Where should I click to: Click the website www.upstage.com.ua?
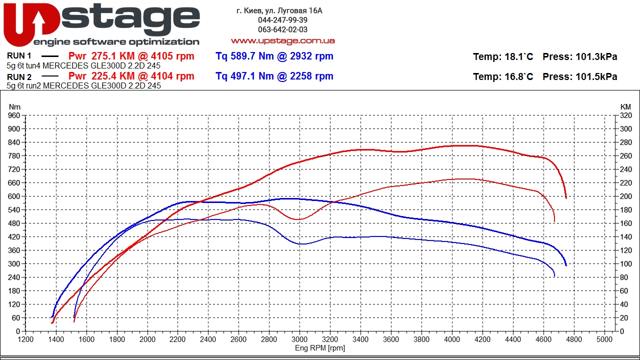pyautogui.click(x=282, y=40)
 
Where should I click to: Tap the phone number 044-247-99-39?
pyautogui.click(x=282, y=20)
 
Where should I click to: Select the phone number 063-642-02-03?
pyautogui.click(x=282, y=29)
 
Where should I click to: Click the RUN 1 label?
pyautogui.click(x=19, y=56)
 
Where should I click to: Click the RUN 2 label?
pyautogui.click(x=19, y=76)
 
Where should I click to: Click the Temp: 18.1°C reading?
pyautogui.click(x=503, y=56)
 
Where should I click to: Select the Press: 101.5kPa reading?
pyautogui.click(x=579, y=76)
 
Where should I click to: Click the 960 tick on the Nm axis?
pyautogui.click(x=14, y=115)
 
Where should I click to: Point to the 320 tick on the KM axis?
pyautogui.click(x=625, y=115)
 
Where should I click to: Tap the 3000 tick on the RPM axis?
pyautogui.click(x=299, y=339)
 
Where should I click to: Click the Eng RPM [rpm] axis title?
pyautogui.click(x=320, y=347)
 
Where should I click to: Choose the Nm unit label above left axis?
pyautogui.click(x=15, y=106)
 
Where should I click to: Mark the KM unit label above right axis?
pyautogui.click(x=625, y=106)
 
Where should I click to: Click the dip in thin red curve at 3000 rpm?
pyautogui.click(x=298, y=219)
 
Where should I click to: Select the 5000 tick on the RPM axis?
pyautogui.click(x=604, y=339)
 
